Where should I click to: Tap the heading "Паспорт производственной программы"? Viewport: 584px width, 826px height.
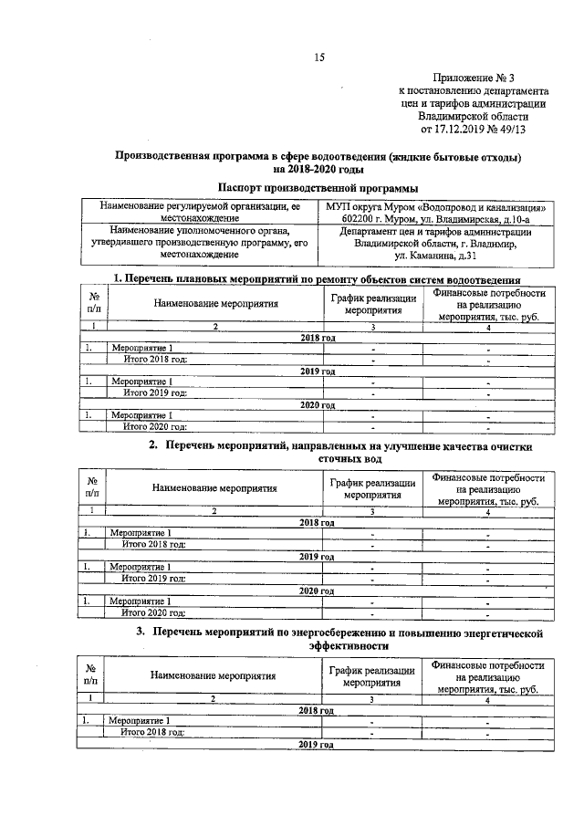tap(317, 186)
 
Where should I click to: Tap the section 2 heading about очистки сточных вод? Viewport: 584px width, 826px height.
tap(338, 455)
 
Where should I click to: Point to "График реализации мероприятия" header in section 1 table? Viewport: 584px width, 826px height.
tap(373, 304)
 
